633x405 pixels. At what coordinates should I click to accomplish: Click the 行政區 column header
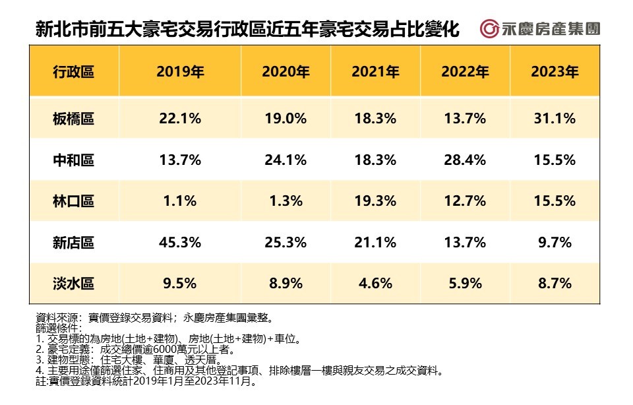(x=73, y=72)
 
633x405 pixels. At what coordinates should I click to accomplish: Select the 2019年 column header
(x=180, y=72)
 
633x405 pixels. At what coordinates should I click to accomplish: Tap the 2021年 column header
(x=375, y=72)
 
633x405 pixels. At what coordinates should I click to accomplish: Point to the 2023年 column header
(x=554, y=72)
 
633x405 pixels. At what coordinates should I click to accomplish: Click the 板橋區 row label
(x=73, y=119)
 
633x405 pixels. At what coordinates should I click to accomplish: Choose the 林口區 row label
(x=73, y=201)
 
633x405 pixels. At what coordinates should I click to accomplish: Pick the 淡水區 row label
(x=73, y=284)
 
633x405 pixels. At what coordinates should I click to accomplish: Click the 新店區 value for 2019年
(x=180, y=243)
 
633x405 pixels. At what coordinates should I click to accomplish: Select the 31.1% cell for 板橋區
(x=554, y=119)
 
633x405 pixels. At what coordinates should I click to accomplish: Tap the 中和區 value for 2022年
(x=465, y=160)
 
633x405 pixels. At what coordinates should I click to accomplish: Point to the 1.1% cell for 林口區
(x=180, y=201)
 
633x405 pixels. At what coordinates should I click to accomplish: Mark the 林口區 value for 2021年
(x=375, y=201)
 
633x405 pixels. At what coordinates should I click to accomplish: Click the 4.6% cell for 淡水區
(x=375, y=284)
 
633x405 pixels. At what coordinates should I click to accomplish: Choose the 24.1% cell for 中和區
(x=286, y=160)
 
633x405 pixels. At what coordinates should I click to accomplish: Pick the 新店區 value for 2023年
(x=554, y=243)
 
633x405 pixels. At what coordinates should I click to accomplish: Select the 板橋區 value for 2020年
(x=286, y=119)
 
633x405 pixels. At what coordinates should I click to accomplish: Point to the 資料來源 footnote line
(x=152, y=317)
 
